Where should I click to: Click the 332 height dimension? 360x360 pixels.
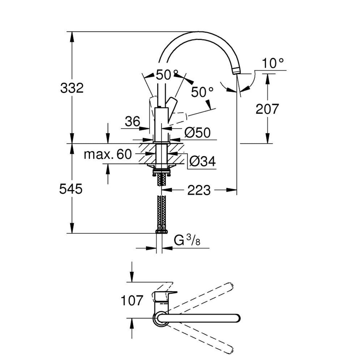(x=71, y=88)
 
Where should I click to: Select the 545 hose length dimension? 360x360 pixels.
(x=70, y=189)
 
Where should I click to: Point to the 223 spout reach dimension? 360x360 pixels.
(x=199, y=190)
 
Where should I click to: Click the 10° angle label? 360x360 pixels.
(x=273, y=63)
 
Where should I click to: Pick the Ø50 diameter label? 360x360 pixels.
(x=197, y=133)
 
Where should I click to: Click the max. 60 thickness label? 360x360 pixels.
(x=108, y=154)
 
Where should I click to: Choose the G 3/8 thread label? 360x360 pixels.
(x=187, y=240)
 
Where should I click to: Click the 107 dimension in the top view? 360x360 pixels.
(x=132, y=301)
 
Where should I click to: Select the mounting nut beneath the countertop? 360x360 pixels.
(x=162, y=171)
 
